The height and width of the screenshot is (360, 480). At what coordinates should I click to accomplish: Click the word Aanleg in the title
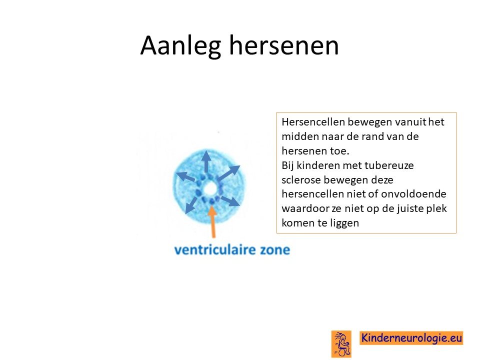(x=180, y=46)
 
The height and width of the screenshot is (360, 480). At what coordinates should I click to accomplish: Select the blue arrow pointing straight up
(x=206, y=161)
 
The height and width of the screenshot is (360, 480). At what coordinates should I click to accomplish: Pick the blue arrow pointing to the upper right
(x=229, y=173)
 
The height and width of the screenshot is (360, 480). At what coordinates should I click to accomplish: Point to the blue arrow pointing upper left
(x=186, y=176)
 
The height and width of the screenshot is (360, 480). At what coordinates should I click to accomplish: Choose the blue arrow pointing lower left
(x=191, y=205)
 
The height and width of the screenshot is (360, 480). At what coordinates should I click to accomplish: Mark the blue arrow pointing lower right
(x=230, y=201)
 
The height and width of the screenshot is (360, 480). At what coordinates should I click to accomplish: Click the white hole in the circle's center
(x=209, y=189)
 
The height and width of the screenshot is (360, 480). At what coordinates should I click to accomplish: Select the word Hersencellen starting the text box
(x=313, y=122)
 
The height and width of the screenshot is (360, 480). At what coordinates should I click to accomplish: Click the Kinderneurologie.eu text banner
(x=411, y=338)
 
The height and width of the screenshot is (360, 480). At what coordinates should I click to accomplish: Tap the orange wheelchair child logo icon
(x=341, y=344)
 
